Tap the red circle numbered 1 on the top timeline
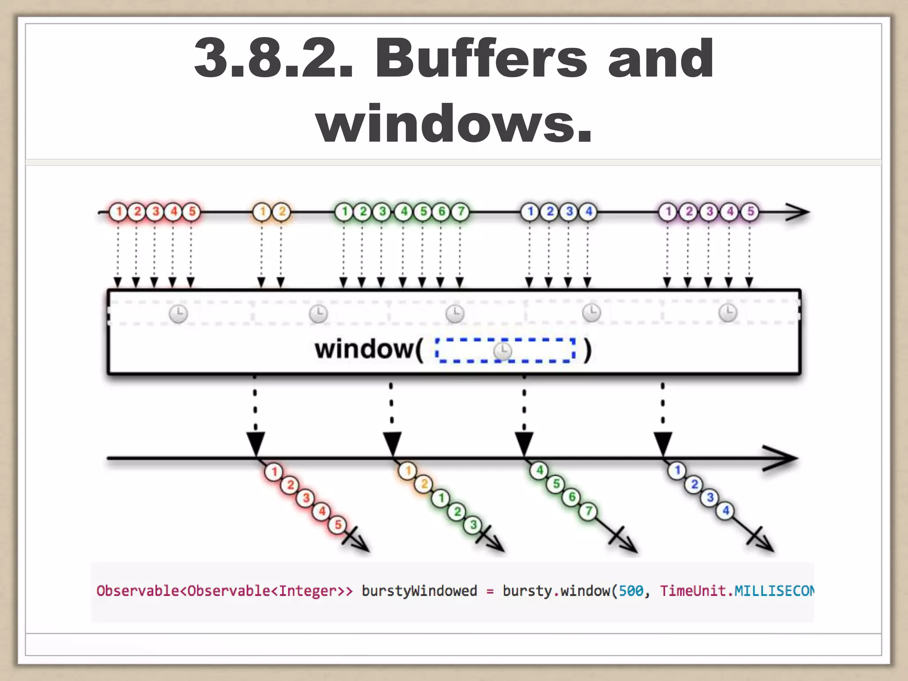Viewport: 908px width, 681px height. (x=118, y=212)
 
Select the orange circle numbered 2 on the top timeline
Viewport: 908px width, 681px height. (x=282, y=212)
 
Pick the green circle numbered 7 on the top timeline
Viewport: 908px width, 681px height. (x=461, y=212)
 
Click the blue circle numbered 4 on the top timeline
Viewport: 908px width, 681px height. (x=588, y=212)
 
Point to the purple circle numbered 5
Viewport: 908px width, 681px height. (x=750, y=212)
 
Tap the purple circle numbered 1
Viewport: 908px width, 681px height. (x=668, y=212)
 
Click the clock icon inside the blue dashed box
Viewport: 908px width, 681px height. (x=502, y=351)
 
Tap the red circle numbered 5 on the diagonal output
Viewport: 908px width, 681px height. (x=337, y=524)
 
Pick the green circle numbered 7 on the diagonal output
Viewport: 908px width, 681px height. (x=588, y=511)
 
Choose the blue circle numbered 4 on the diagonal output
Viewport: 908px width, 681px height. (x=726, y=511)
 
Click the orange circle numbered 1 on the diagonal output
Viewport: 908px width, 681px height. (x=408, y=471)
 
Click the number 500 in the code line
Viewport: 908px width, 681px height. (x=630, y=591)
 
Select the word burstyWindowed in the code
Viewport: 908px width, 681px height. (x=419, y=591)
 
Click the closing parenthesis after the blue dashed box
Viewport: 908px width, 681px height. (x=587, y=350)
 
